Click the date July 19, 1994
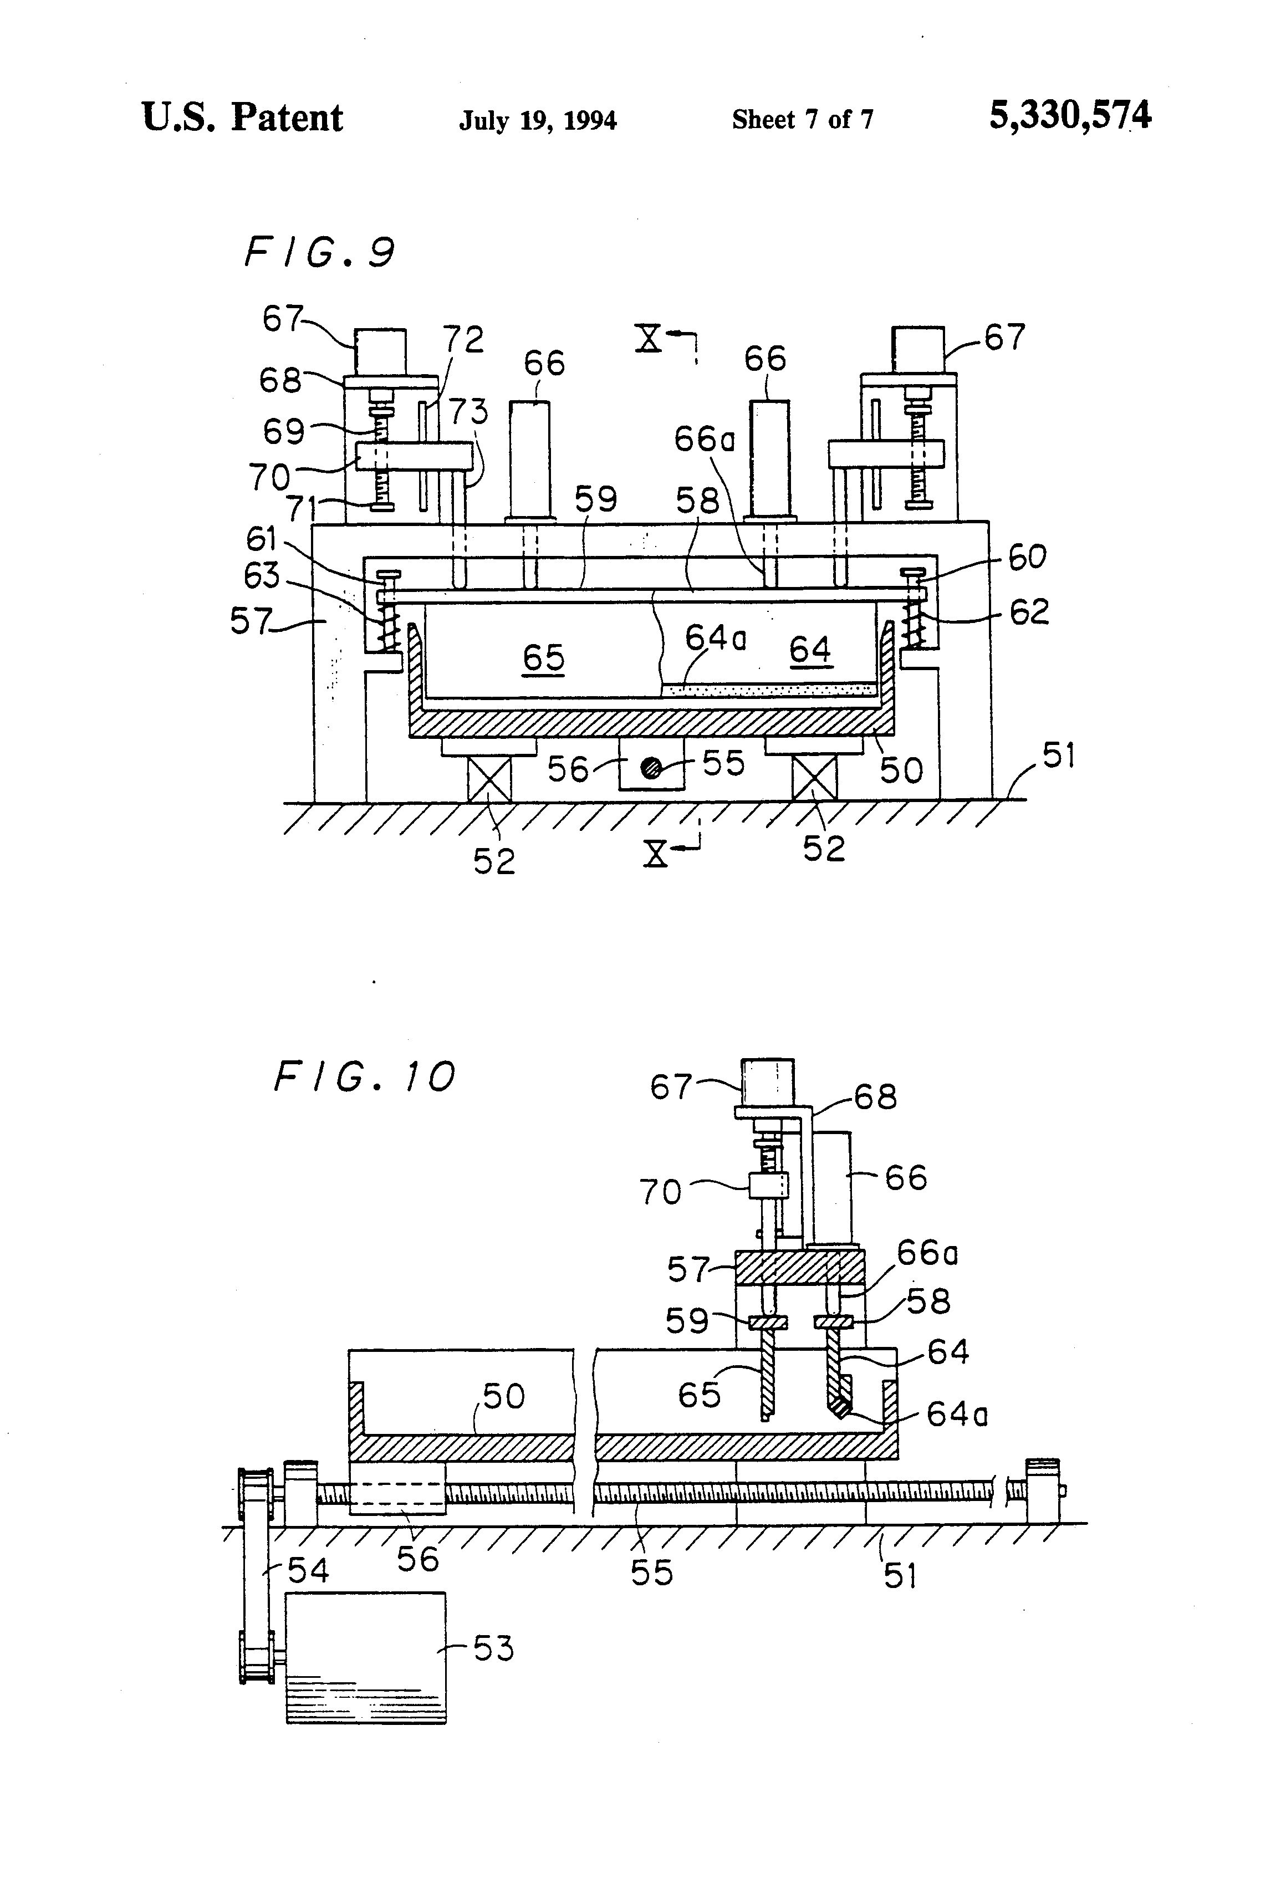click(x=538, y=121)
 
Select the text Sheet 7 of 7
click(x=802, y=120)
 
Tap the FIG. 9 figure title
click(x=319, y=252)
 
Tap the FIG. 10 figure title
click(x=364, y=1078)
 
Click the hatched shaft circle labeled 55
click(x=651, y=768)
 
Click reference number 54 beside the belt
click(x=308, y=1570)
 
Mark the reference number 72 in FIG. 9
click(x=463, y=339)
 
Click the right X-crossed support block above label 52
click(x=814, y=778)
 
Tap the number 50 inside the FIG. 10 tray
click(x=504, y=1396)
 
